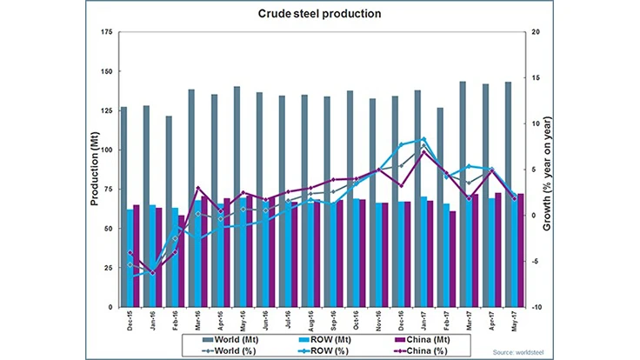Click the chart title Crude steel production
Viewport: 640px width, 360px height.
click(x=320, y=15)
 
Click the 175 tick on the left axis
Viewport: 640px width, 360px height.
click(x=107, y=33)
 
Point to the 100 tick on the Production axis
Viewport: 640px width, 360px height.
click(x=107, y=150)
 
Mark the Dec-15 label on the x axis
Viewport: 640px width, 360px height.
click(x=130, y=321)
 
